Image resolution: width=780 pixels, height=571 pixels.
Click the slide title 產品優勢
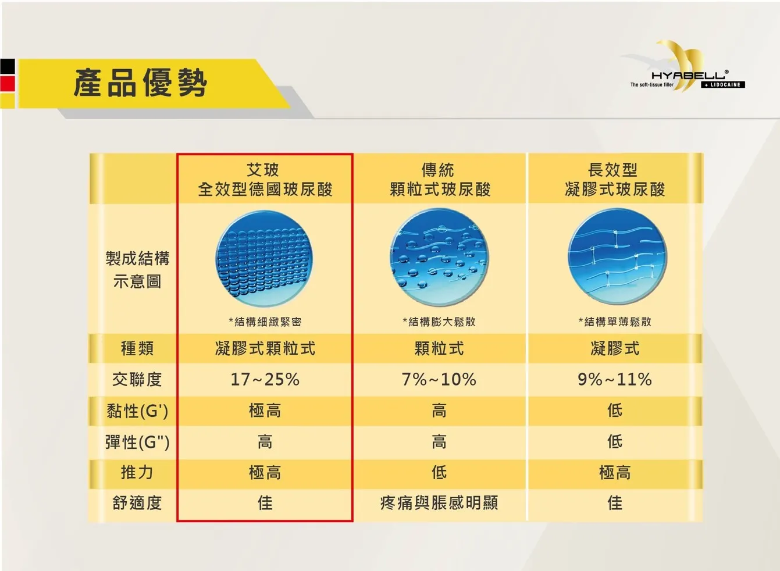click(x=140, y=83)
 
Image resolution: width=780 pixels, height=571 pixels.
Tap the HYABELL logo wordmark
click(x=689, y=75)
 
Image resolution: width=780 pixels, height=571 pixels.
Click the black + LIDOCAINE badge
click(x=723, y=85)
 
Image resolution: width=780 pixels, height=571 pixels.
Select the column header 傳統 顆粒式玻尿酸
click(x=440, y=180)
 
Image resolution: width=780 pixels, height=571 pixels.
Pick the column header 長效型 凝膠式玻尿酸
click(x=615, y=180)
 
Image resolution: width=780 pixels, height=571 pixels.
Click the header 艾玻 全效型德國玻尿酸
click(x=265, y=180)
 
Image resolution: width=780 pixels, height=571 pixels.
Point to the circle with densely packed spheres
click(x=264, y=258)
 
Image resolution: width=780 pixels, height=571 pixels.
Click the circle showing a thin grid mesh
click(x=617, y=256)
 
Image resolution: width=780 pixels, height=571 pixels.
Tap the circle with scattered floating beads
click(x=440, y=257)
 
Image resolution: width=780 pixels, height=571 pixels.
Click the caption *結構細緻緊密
click(x=265, y=322)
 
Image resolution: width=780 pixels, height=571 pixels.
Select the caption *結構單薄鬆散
click(x=615, y=322)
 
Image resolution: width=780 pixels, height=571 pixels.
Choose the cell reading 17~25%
click(x=265, y=380)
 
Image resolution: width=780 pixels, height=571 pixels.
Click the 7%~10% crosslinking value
click(x=439, y=380)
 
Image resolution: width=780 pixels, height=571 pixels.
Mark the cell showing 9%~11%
click(x=615, y=380)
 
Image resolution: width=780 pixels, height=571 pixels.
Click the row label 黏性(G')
click(x=137, y=411)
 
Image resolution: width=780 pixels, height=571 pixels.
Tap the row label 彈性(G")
click(x=137, y=442)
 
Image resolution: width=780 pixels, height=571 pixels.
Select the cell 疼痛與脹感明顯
click(x=439, y=503)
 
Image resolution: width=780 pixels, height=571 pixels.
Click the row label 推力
click(x=137, y=473)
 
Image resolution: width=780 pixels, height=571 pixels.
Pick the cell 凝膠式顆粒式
click(x=265, y=348)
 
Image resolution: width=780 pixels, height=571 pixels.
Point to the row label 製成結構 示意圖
click(x=137, y=270)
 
